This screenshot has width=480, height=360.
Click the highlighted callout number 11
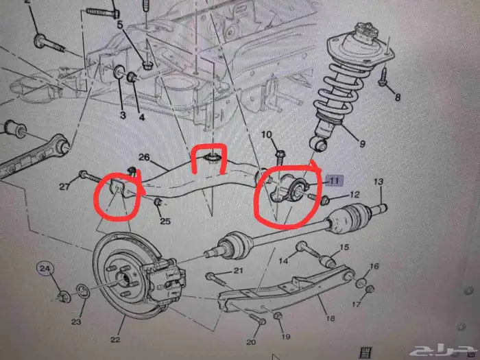coord(334,180)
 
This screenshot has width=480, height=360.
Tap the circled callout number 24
coord(45,269)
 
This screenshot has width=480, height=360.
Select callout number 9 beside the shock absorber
coord(362,143)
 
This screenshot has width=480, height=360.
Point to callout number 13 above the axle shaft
coord(379,182)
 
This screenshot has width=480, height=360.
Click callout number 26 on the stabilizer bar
coord(144,157)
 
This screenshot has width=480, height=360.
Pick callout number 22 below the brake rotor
coord(115,339)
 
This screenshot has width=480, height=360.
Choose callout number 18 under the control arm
coord(330,319)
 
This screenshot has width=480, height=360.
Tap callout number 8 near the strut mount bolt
coord(397,97)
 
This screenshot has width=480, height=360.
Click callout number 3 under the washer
coord(123,115)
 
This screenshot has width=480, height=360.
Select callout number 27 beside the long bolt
coord(64,187)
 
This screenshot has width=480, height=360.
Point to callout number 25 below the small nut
coord(165,221)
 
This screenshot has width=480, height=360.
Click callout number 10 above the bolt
coord(267,134)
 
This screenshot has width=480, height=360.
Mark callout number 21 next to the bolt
coord(238,270)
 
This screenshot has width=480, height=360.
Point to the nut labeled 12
coord(325,201)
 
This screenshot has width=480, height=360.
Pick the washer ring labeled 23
coord(83,291)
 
